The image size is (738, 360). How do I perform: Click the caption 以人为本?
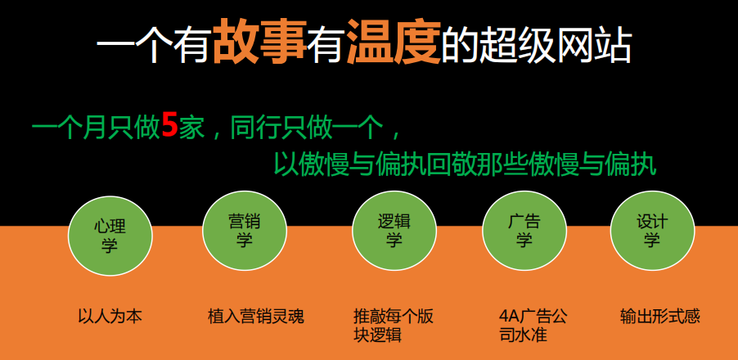(110, 316)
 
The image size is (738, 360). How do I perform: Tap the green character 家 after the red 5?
(191, 128)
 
